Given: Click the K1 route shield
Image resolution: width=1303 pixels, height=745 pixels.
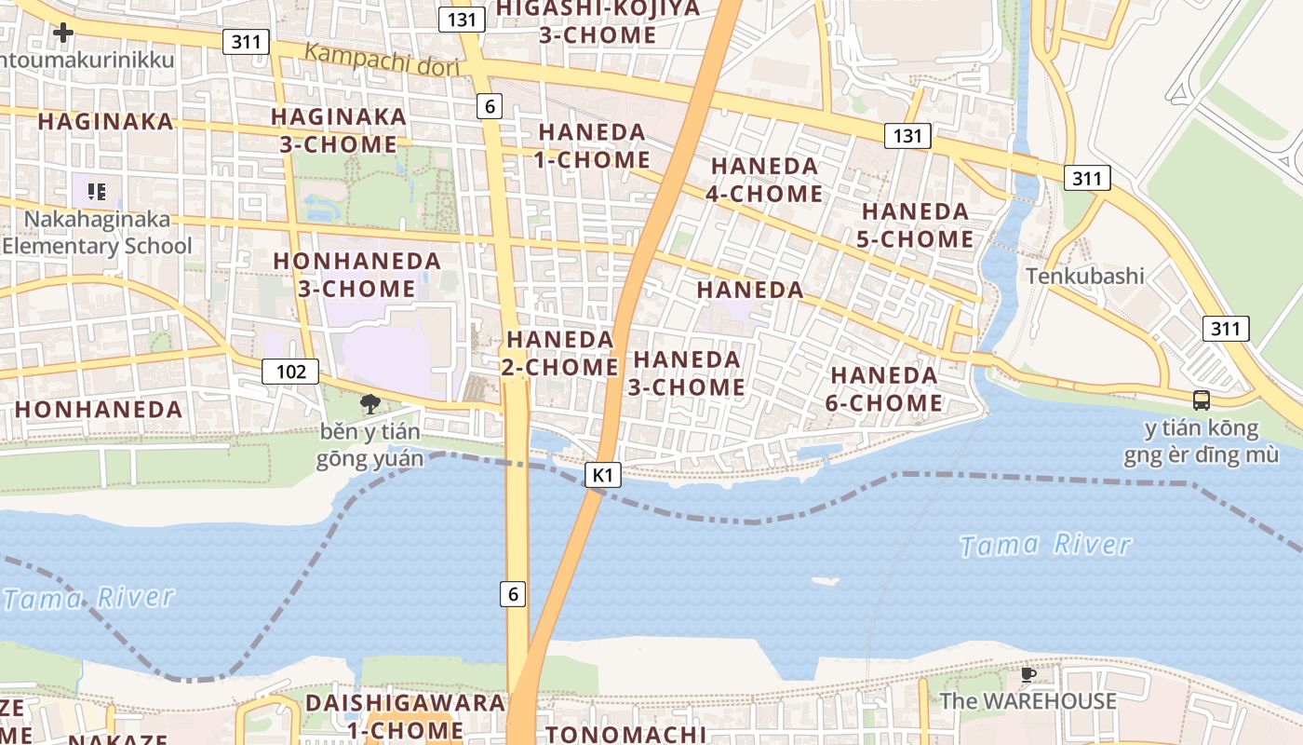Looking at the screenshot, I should coord(603,475).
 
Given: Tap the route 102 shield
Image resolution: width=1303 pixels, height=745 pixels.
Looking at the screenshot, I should coord(290,372).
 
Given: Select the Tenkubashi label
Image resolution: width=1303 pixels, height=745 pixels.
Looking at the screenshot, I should coord(1085,276).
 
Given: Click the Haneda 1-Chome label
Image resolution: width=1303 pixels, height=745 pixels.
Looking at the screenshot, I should coord(592,146).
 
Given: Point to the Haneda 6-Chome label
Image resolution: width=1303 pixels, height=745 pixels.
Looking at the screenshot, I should coord(884,389).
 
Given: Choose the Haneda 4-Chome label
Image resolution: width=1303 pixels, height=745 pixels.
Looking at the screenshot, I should coord(765,180).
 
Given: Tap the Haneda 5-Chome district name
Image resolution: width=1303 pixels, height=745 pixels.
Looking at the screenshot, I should coord(915,225).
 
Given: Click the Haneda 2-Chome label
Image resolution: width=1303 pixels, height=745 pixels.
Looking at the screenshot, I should coord(559,353).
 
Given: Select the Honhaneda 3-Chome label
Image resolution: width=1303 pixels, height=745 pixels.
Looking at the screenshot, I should coord(356,275).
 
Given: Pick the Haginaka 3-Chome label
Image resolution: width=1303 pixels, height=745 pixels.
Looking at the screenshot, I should coord(339,130).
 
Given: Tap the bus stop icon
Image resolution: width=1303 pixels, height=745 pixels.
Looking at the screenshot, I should coord(1202,400).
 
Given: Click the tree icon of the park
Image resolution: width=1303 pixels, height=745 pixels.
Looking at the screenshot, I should coord(370,403).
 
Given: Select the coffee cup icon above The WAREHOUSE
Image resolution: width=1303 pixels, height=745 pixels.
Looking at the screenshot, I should coord(1028,674).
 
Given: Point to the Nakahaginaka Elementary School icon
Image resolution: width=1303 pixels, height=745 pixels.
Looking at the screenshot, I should coord(96,192).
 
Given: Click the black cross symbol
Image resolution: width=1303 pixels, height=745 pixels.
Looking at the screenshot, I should coord(63,33).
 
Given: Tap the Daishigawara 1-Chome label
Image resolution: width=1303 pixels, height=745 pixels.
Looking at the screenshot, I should coord(404,716).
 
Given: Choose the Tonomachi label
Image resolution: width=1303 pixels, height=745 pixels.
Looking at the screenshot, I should coord(625,734).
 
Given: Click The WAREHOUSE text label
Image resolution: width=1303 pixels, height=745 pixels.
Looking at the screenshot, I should coord(1028,701).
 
